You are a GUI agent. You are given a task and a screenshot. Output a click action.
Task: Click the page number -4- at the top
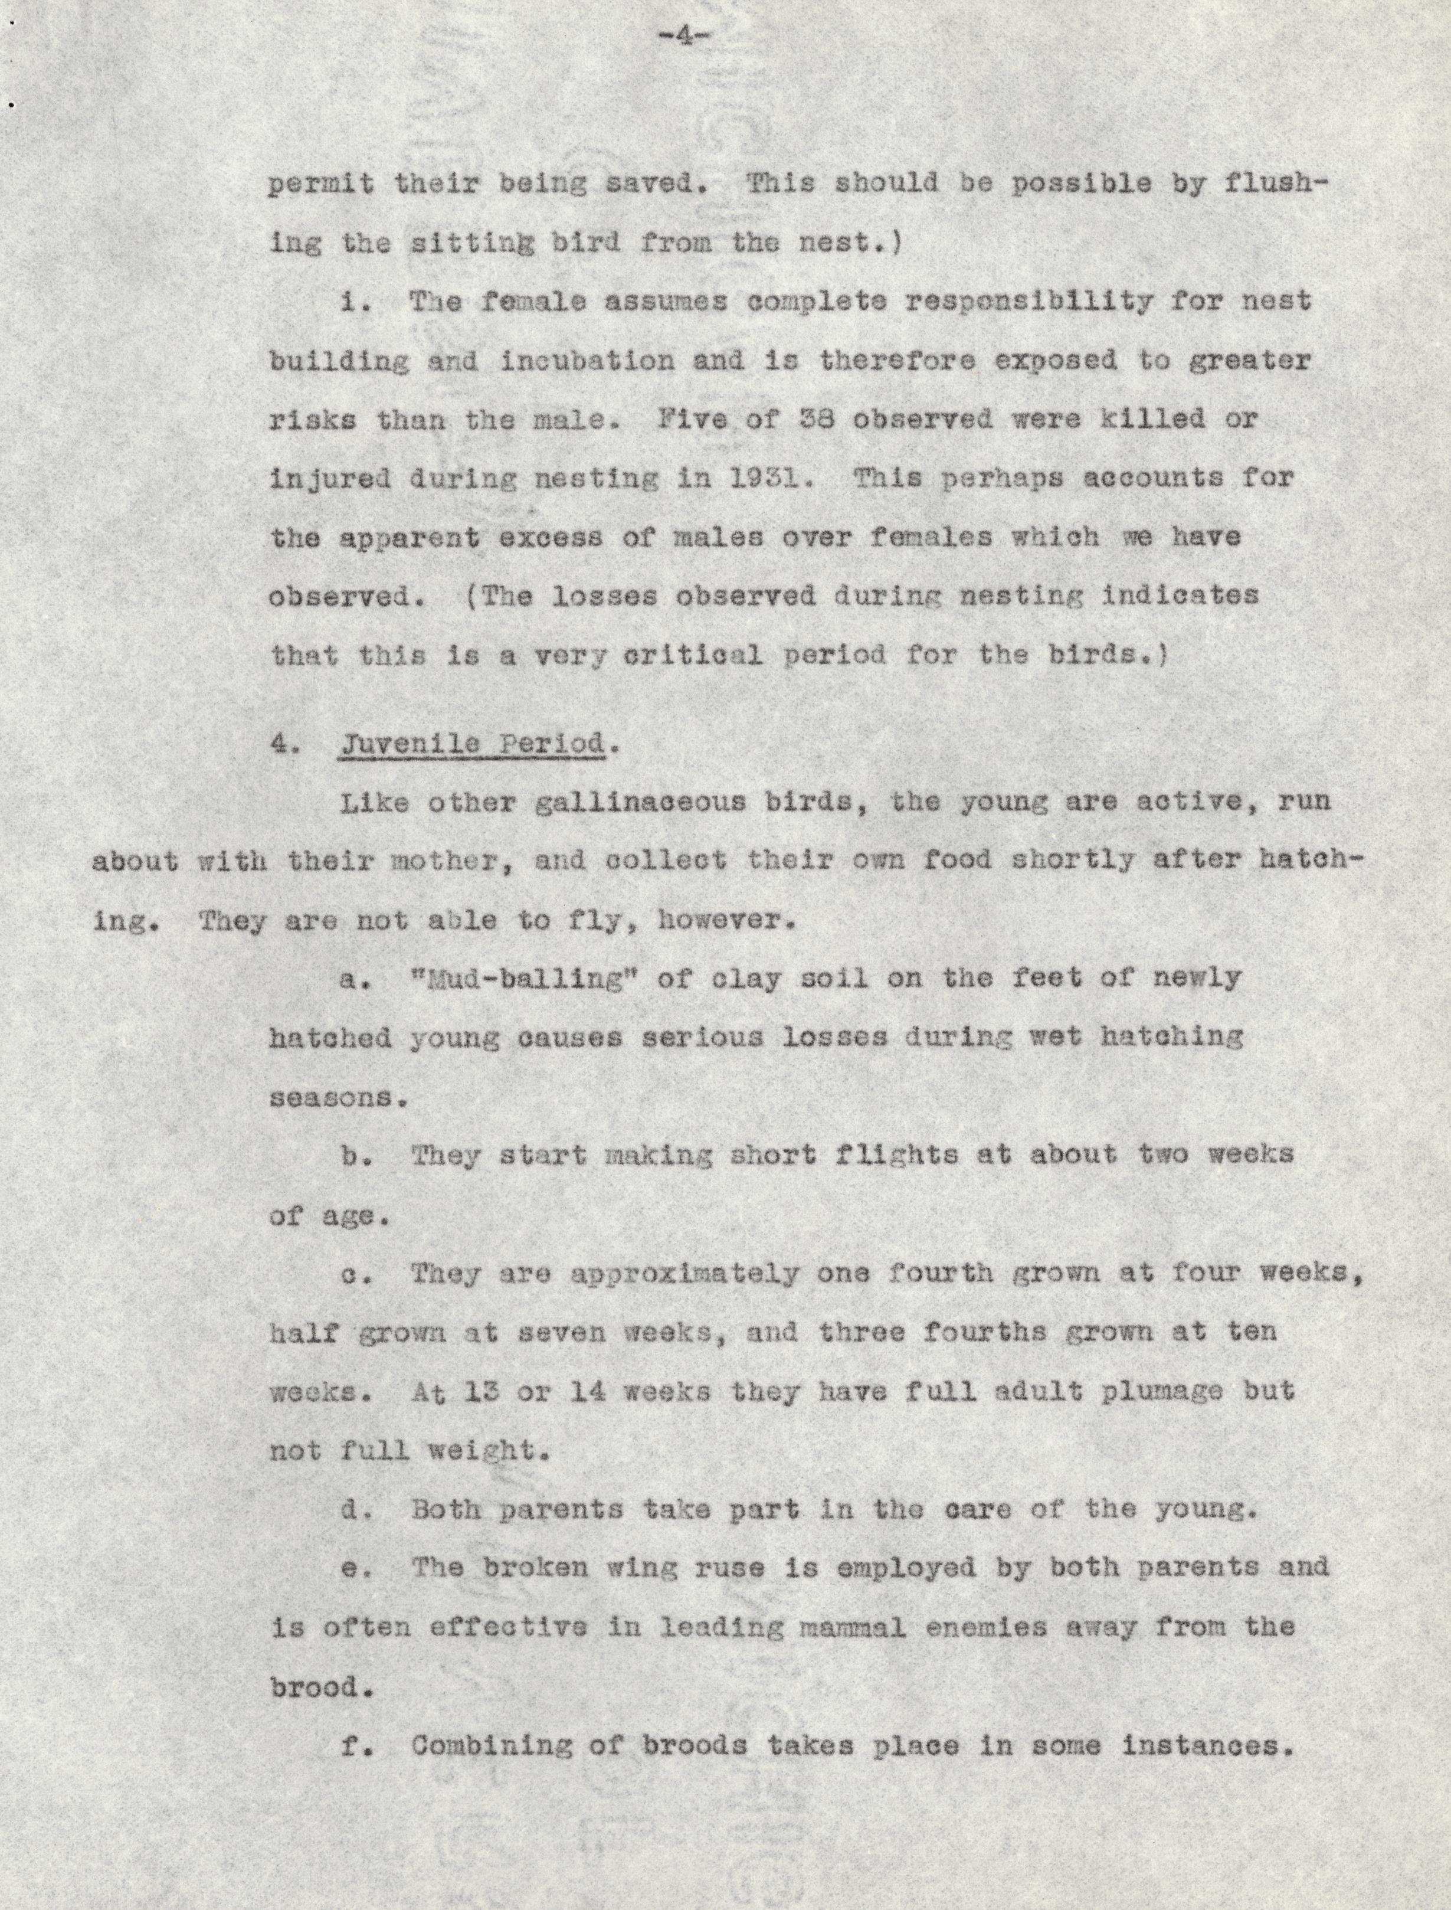682,37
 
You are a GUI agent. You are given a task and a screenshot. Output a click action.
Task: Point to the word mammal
853,1627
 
